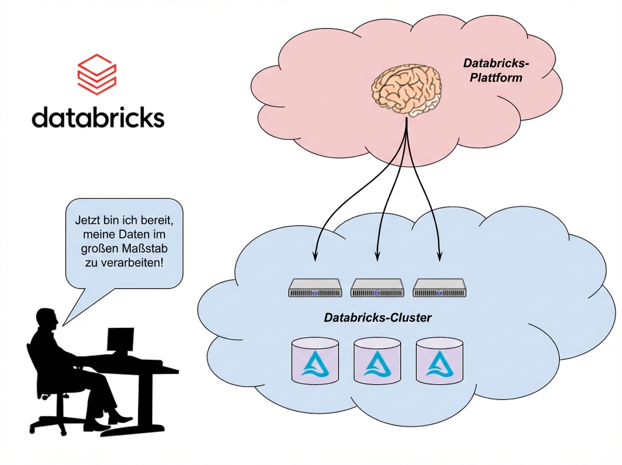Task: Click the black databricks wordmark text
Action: pos(98,117)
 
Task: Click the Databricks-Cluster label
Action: pos(377,318)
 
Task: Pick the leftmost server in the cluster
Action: pos(315,288)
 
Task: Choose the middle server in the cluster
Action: pos(377,288)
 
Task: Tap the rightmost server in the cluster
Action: pos(440,288)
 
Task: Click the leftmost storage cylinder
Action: pos(315,362)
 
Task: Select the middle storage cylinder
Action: pos(377,362)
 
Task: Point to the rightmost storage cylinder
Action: pos(440,362)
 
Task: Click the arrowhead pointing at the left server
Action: pos(315,256)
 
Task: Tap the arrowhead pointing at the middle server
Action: pos(377,256)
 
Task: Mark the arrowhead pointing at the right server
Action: pos(440,256)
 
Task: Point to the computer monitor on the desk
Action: pos(120,340)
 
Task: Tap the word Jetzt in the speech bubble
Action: pos(85,221)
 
